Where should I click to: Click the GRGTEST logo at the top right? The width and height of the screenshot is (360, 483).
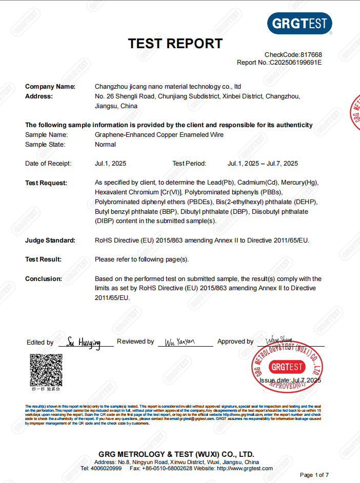point(299,24)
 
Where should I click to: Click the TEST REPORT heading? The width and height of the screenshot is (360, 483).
point(175,44)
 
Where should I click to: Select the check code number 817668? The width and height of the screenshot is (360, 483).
point(311,55)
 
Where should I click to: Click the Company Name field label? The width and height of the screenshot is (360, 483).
point(50,87)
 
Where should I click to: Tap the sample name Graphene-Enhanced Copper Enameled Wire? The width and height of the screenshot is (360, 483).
point(159,135)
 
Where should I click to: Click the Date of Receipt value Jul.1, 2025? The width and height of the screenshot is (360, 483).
point(110,164)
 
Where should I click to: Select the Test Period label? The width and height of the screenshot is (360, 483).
point(189,164)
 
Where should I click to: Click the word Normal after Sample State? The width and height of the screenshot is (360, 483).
point(105,145)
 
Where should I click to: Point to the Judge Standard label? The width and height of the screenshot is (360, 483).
point(50,240)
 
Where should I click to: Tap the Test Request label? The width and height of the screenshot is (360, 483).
point(46,183)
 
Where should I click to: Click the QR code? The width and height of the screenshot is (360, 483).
point(46,370)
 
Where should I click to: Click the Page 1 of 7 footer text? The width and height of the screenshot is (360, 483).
point(314,475)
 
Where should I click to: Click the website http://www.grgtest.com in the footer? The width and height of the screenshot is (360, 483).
point(245,469)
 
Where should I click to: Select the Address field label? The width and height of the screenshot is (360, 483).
point(39,96)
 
